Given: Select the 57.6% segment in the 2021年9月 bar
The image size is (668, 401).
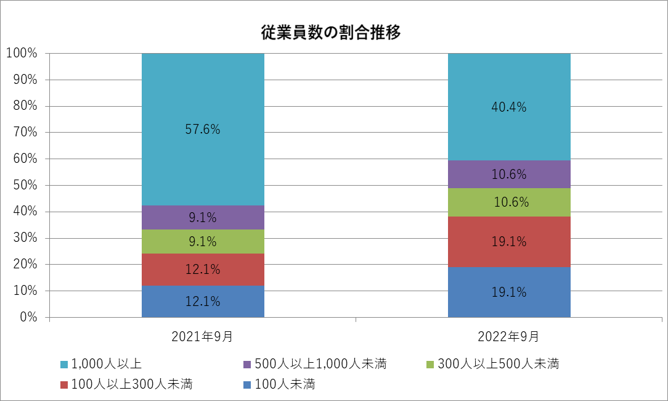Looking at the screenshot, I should click(x=203, y=130).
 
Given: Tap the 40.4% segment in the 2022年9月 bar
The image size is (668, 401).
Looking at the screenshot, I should click(x=509, y=107).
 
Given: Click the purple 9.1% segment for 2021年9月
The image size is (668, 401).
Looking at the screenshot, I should click(x=203, y=217).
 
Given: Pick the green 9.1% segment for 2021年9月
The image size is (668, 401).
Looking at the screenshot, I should click(x=203, y=242).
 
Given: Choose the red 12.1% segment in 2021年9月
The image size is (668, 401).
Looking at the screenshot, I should click(x=203, y=270).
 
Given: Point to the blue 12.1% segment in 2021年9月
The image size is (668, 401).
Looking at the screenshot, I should click(x=203, y=302).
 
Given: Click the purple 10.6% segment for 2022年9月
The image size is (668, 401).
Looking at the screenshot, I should click(x=509, y=174).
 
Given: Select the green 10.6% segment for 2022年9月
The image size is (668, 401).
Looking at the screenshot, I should click(x=509, y=202).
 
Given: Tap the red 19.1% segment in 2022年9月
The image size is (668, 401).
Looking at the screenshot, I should click(x=509, y=242).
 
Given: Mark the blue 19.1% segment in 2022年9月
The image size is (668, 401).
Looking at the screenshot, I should click(x=509, y=292).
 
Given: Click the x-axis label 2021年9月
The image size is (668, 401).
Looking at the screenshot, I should click(x=202, y=337).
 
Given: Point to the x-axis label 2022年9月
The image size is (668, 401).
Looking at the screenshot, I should click(x=508, y=337).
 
